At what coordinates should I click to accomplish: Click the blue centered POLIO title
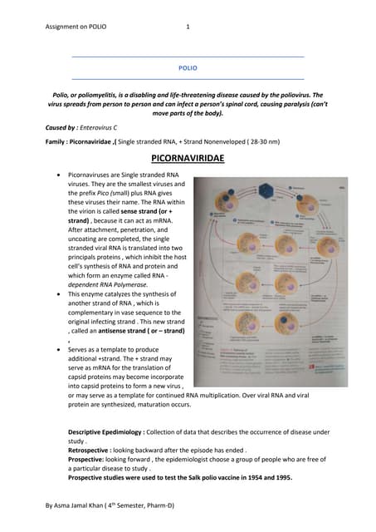click(x=188, y=68)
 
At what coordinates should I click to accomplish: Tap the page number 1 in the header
click(x=188, y=27)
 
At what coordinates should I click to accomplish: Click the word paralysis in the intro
click(x=284, y=106)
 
